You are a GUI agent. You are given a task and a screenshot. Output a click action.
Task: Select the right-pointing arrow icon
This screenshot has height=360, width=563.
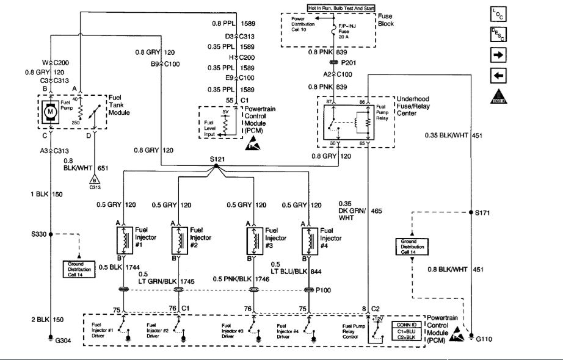[498, 56]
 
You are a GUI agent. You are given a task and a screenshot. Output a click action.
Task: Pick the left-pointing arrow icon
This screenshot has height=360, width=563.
[498, 76]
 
